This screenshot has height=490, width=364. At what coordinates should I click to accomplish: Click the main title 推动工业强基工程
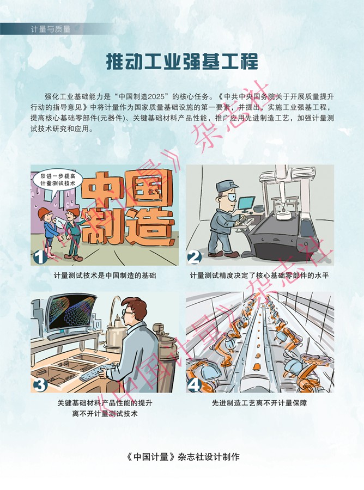tap(182, 61)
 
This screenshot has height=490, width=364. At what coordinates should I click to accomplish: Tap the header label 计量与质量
tap(51, 29)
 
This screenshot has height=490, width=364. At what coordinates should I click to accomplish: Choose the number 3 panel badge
tap(40, 385)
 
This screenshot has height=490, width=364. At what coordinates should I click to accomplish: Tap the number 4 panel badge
tap(195, 385)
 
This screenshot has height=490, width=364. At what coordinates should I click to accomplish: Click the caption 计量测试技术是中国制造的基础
tap(105, 275)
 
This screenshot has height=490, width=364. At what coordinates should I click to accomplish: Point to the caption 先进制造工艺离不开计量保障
tap(259, 403)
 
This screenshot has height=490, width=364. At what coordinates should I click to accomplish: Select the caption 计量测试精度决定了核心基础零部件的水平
tap(259, 275)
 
